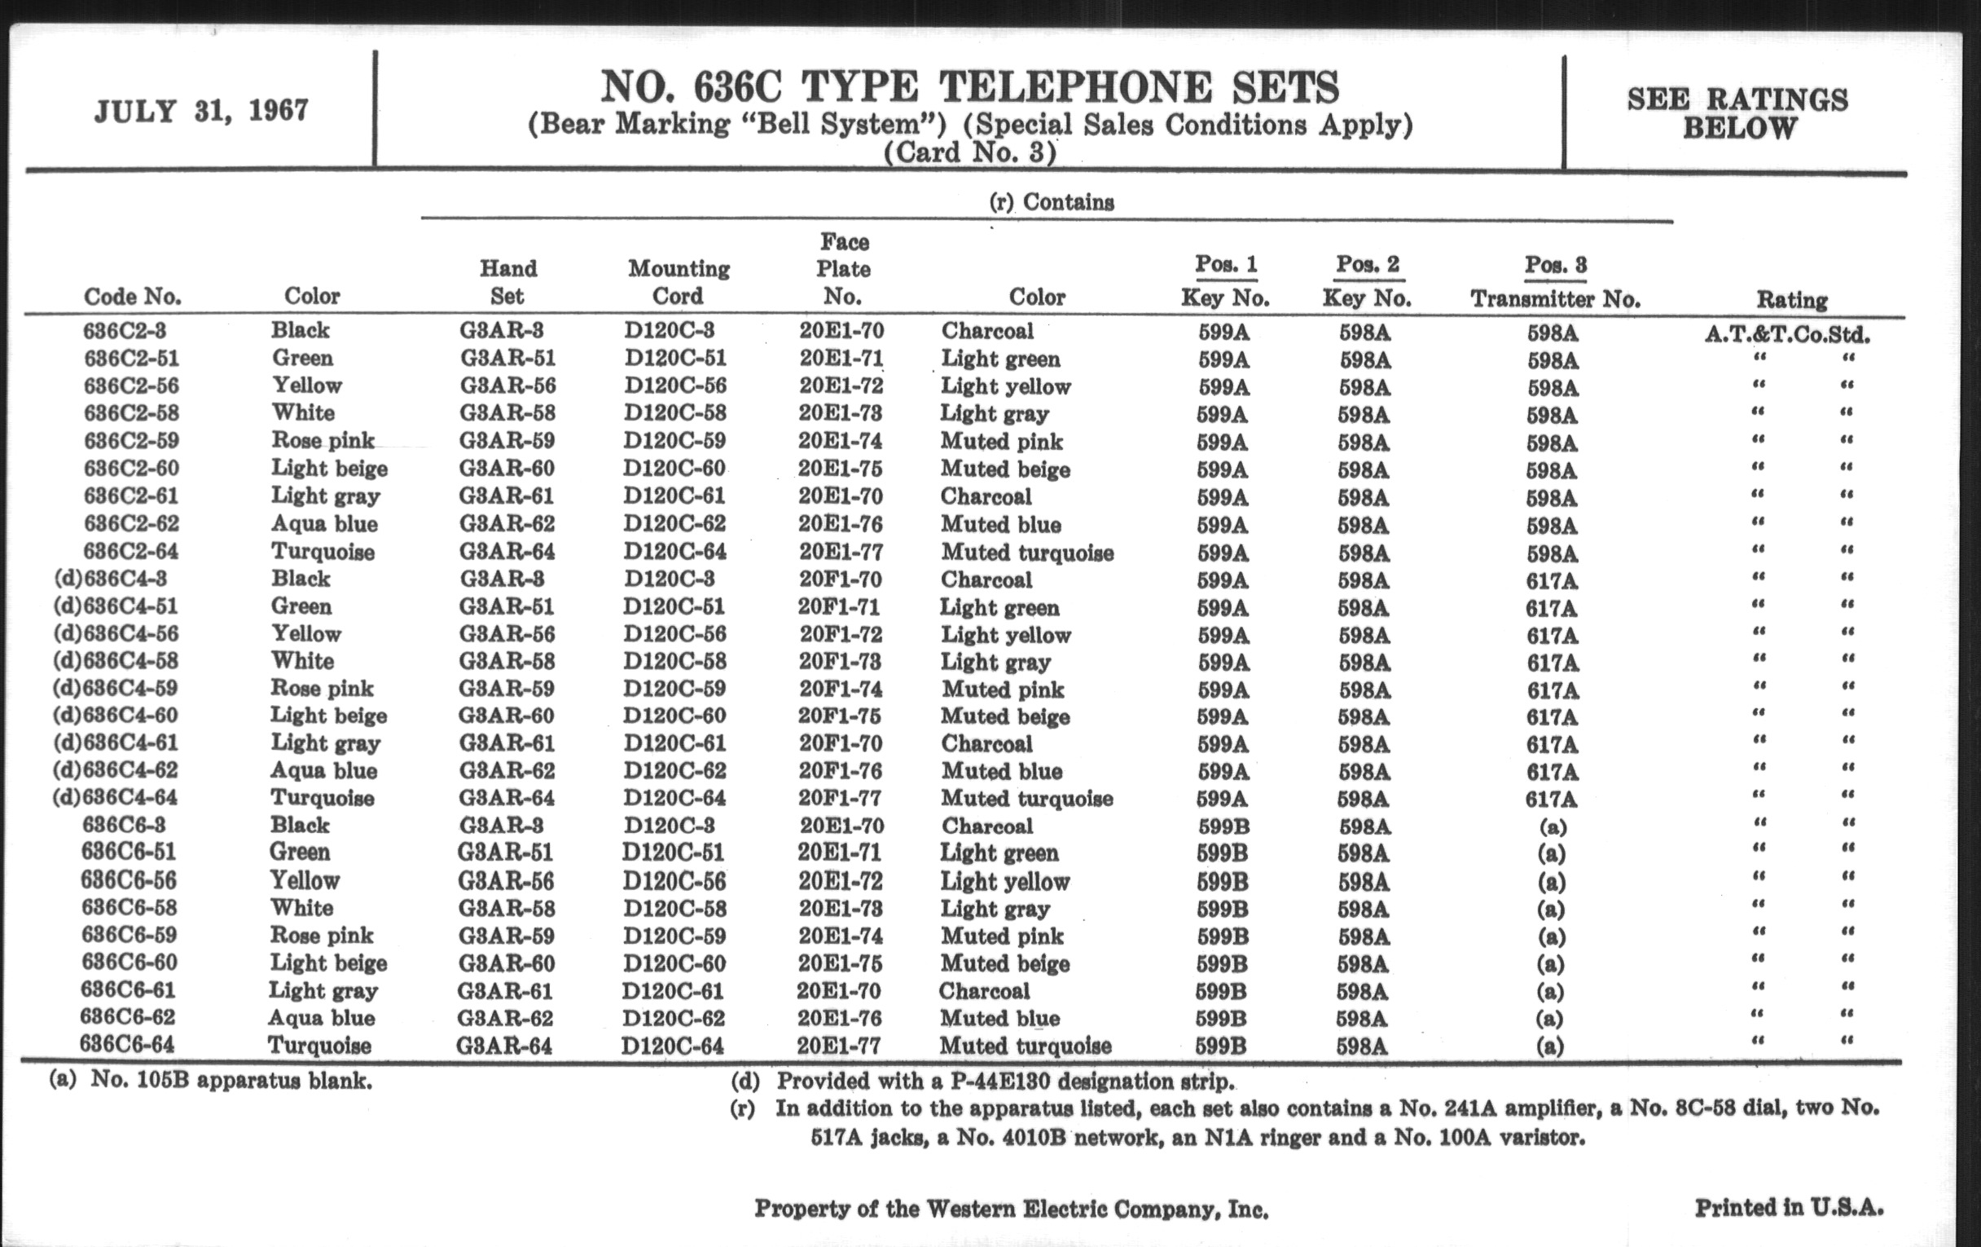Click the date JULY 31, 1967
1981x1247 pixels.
(201, 110)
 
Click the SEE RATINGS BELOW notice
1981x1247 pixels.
(1737, 113)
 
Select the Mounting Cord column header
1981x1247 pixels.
(679, 281)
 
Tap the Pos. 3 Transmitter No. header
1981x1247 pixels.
(1555, 281)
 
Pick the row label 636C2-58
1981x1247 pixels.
(132, 413)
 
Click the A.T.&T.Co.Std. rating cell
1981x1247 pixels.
(1787, 335)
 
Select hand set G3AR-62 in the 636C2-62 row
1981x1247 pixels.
(507, 524)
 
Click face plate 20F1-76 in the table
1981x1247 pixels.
(840, 771)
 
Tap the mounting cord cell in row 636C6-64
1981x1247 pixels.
(673, 1047)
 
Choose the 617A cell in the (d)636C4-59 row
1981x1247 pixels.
(1552, 690)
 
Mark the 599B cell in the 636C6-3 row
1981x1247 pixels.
(1223, 826)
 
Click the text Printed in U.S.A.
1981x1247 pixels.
(1789, 1208)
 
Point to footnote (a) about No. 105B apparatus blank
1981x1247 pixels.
(211, 1080)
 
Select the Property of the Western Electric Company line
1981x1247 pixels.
(1011, 1210)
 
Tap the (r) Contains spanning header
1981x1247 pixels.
(1052, 202)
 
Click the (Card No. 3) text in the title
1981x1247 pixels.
(969, 153)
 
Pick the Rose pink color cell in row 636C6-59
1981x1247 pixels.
(322, 936)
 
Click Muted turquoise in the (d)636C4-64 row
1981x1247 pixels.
(1026, 799)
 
